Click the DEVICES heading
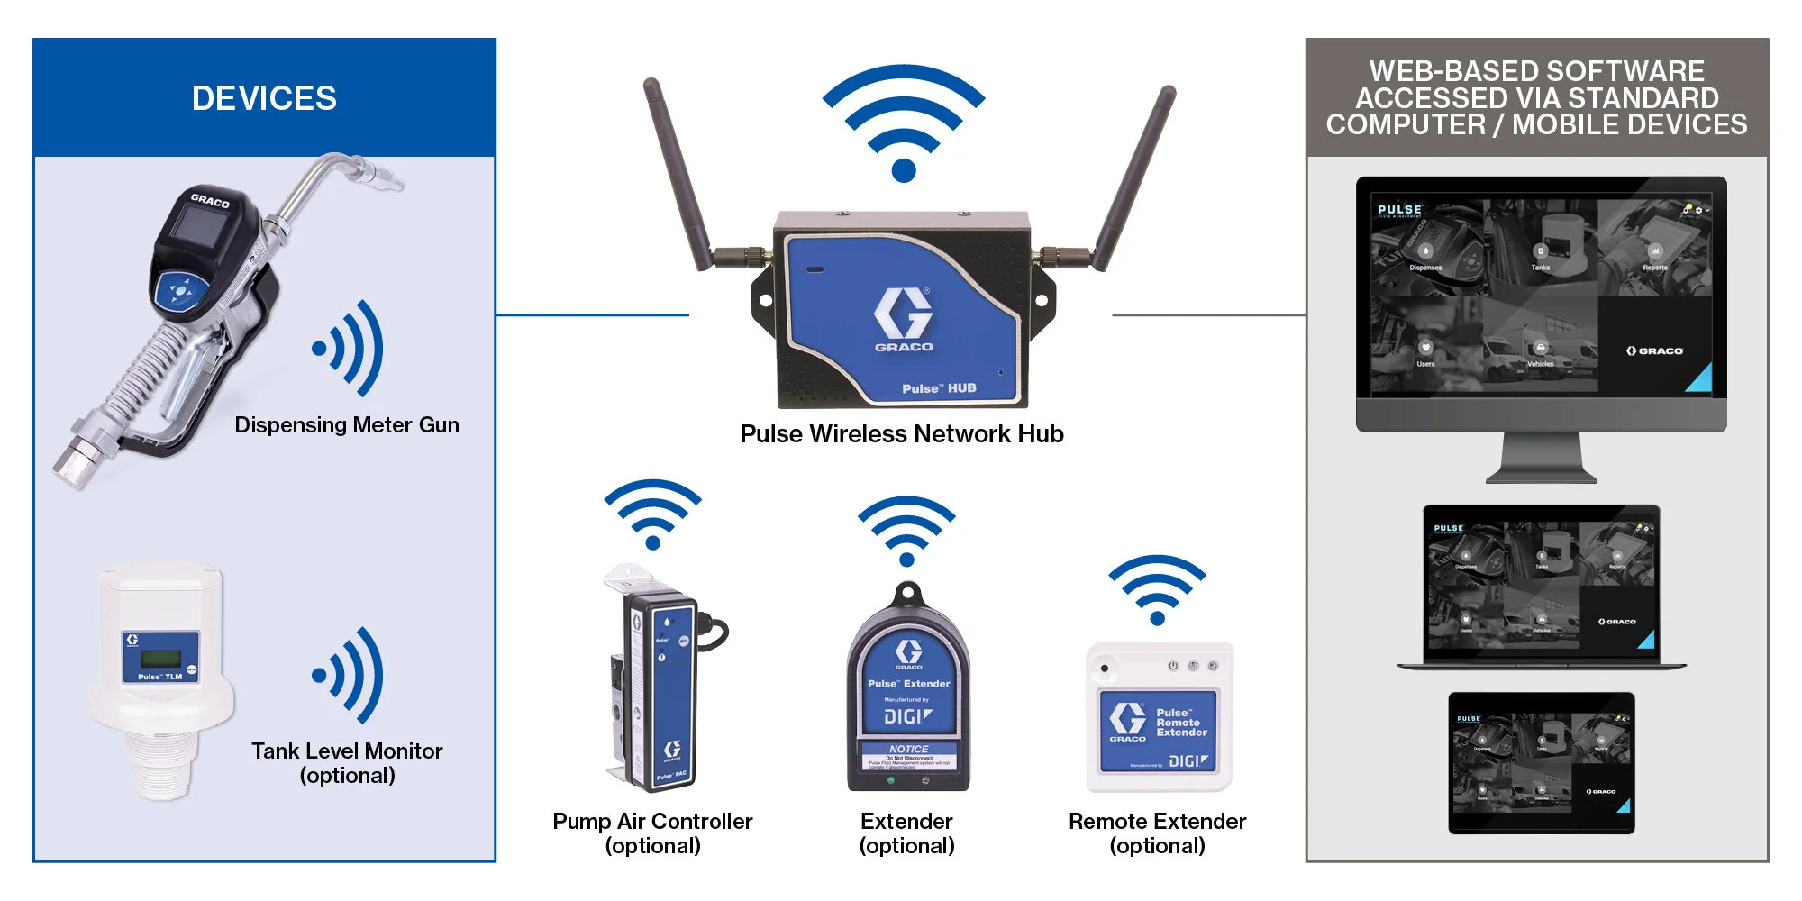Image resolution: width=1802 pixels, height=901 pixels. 264,98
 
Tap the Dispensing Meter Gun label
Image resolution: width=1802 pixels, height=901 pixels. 347,425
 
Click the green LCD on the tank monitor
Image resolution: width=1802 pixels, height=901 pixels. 161,659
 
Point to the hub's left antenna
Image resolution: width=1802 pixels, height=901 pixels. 680,171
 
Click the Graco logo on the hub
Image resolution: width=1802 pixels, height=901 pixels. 904,319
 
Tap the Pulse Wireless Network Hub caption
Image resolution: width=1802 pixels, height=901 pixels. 901,434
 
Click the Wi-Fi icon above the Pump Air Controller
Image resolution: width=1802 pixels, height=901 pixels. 653,514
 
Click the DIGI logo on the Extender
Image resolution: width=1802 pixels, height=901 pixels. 908,716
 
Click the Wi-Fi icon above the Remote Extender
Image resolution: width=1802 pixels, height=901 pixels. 1157,589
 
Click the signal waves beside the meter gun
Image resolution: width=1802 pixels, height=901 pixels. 351,349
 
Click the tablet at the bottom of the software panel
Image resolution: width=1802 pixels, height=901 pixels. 1541,762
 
